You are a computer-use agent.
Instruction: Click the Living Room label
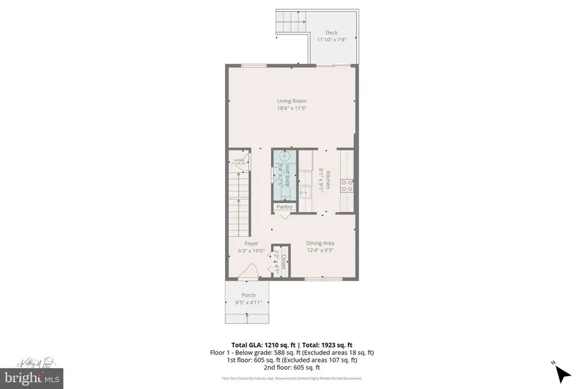click(x=291, y=100)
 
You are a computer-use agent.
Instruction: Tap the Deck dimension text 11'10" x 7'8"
click(x=332, y=40)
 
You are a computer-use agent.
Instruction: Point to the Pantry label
click(x=285, y=207)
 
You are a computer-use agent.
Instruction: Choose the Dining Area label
click(x=320, y=243)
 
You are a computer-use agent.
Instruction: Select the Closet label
click(x=285, y=259)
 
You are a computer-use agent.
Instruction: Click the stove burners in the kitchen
click(x=347, y=185)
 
